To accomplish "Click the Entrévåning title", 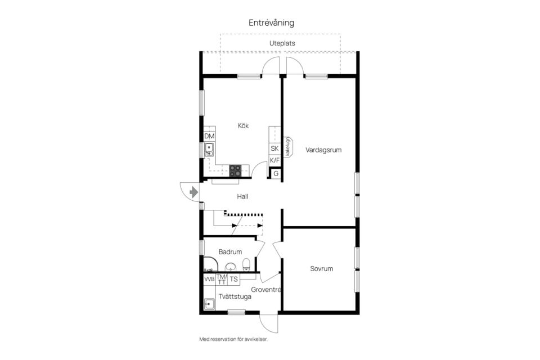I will coord(272,23).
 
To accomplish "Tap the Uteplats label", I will coord(282,43).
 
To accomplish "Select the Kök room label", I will coord(243,126).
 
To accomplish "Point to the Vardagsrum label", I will coord(323,150).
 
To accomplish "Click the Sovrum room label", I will coord(321,269).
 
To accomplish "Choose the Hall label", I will coord(242,197).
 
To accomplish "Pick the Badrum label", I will coord(230,252).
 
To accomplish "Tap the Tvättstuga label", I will coord(235,296).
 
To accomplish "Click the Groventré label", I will coord(266,290).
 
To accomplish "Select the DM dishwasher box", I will coord(209,137).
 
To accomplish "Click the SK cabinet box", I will coord(274,149).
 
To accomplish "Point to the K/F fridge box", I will coord(274,161).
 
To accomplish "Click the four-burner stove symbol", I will coord(235,169).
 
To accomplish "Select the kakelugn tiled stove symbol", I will coord(287,147).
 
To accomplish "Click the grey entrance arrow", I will coord(193,192).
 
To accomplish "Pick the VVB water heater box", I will coord(209,279).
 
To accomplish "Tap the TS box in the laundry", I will coord(233,279).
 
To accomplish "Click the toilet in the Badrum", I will coord(246,264).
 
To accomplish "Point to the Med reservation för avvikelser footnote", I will coord(237,339).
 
